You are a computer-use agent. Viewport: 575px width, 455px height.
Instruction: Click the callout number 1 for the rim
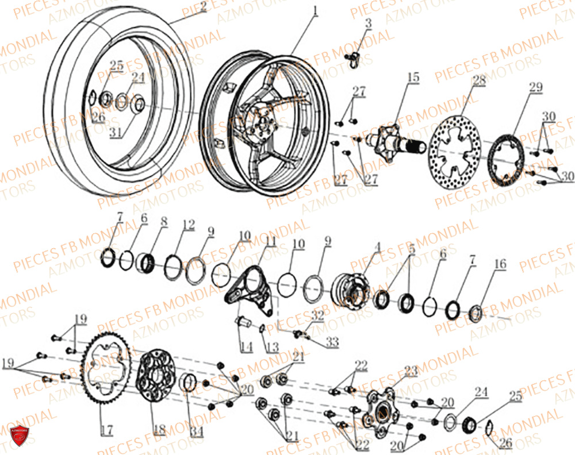(315, 10)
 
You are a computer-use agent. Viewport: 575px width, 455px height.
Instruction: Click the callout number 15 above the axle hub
(413, 78)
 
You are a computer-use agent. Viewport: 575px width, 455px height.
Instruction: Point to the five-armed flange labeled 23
(380, 405)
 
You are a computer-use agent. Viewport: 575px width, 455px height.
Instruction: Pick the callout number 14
(246, 347)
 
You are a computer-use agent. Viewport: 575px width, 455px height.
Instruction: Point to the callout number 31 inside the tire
(116, 132)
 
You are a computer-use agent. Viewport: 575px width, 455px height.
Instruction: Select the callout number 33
(332, 343)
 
